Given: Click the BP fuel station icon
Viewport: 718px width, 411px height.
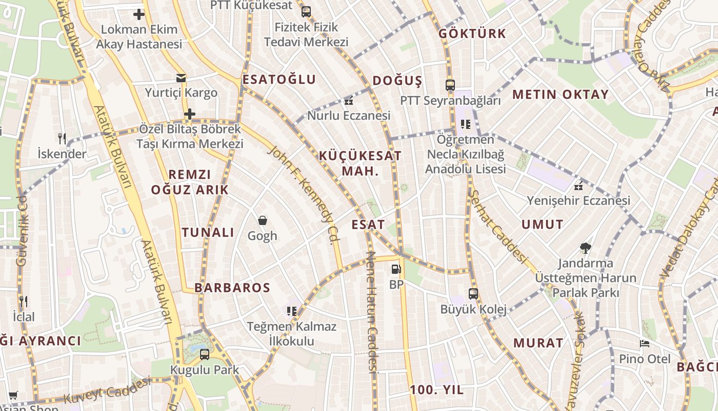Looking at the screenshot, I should [395, 269].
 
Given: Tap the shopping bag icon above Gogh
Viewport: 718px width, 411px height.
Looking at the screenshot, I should [263, 220].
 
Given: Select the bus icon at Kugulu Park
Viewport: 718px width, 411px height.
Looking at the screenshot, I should [205, 354].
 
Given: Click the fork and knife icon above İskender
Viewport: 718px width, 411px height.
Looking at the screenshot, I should [62, 138].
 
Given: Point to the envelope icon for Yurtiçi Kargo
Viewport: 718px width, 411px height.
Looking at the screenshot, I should [181, 78].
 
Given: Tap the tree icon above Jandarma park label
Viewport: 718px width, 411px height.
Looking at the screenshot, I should [585, 249].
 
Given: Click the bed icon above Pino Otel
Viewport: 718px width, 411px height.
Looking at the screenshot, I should [645, 343].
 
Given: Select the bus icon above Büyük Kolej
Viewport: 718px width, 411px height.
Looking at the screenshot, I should [473, 294].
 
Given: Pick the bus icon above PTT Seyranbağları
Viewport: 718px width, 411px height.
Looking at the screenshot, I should [450, 85].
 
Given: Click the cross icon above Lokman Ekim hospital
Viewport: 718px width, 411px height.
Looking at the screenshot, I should [138, 14].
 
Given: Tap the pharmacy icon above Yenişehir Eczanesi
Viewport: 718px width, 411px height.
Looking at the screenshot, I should [579, 186].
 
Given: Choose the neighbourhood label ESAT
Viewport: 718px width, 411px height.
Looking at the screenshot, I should [368, 225].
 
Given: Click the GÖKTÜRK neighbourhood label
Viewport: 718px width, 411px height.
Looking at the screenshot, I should [472, 34].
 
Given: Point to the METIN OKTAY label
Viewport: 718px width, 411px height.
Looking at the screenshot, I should [560, 95].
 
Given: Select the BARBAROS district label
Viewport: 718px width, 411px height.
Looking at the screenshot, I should [232, 288].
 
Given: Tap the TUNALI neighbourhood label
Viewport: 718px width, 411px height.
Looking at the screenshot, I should [208, 232].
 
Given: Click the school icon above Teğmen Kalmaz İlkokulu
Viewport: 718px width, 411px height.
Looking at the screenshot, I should [292, 311].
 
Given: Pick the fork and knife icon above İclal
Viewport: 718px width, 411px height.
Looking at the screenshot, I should [23, 301].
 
